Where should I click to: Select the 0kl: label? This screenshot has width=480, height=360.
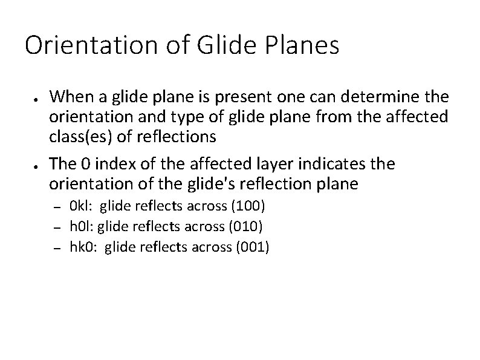click(82, 207)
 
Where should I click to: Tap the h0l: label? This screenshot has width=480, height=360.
click(82, 226)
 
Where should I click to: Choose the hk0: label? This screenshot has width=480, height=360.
click(84, 246)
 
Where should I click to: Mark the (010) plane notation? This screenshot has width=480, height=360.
click(244, 226)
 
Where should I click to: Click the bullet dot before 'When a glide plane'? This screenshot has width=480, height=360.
click(37, 97)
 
